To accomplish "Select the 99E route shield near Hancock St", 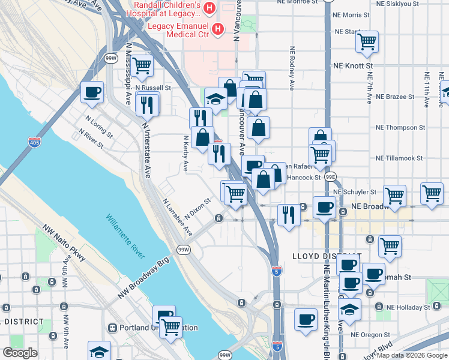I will (331, 178).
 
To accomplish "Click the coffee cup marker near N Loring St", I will (92, 93).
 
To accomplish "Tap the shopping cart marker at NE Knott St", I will (367, 42).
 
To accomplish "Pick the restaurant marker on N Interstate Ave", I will (147, 104).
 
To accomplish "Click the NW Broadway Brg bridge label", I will (144, 278).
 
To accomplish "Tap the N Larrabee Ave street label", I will (177, 218).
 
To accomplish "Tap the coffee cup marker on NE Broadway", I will (324, 208).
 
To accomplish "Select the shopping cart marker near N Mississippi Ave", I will (142, 66).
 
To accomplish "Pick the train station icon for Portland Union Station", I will (112, 328).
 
